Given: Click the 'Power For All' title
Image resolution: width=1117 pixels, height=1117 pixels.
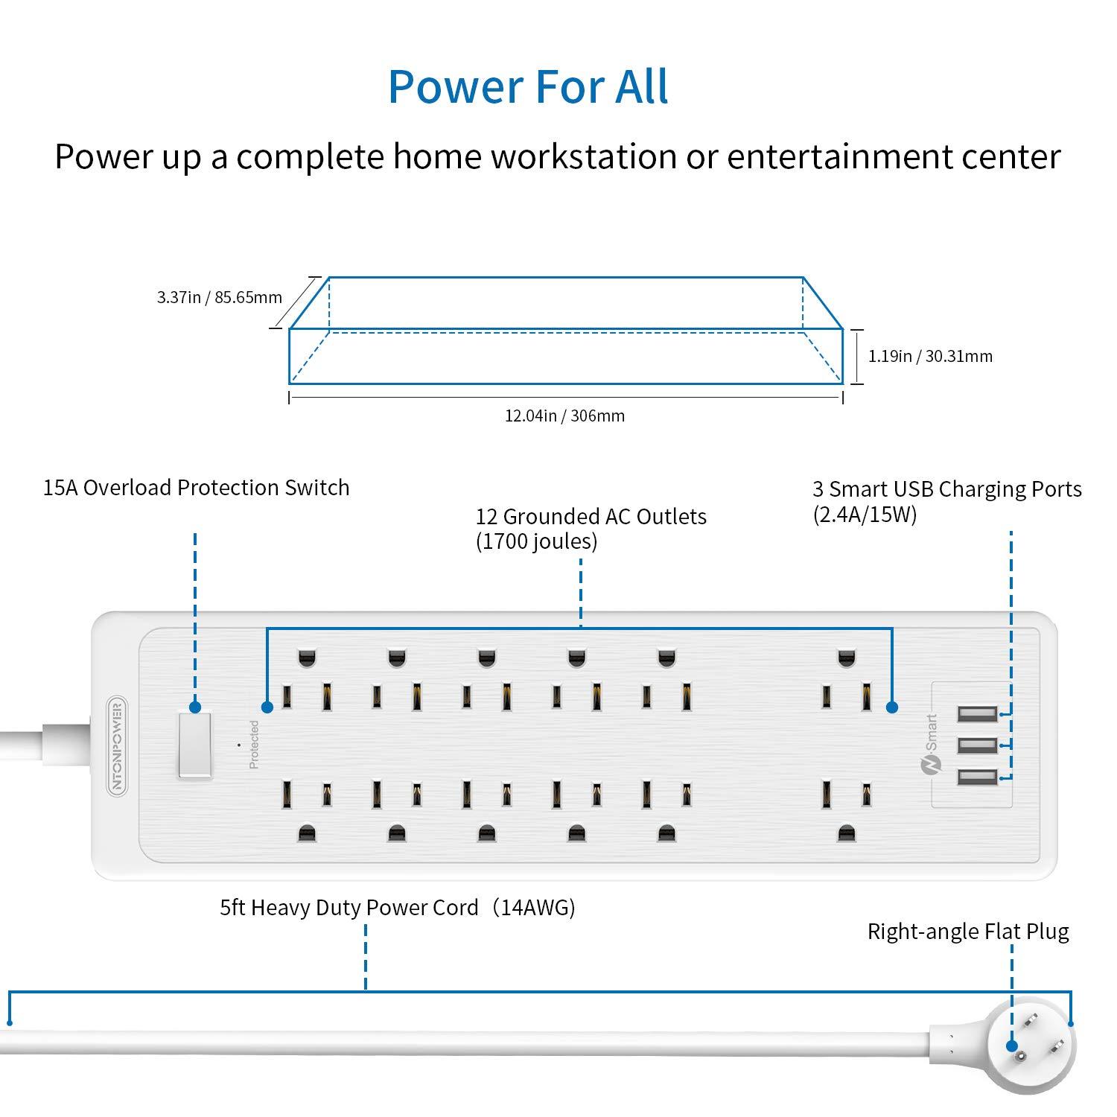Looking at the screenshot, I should tap(528, 86).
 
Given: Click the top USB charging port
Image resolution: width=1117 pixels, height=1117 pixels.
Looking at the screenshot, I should tap(977, 714).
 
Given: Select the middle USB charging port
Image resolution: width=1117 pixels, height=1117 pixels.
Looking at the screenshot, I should tap(977, 745).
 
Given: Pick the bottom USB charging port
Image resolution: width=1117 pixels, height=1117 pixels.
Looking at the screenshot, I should tap(977, 777).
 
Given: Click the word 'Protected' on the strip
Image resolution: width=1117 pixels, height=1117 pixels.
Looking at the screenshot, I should tap(254, 745).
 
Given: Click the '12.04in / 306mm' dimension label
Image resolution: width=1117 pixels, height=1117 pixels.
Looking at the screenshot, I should tap(564, 416).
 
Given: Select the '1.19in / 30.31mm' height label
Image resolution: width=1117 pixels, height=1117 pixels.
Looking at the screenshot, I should tap(930, 356).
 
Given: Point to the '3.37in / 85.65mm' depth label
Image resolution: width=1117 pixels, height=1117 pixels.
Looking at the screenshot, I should tap(219, 298).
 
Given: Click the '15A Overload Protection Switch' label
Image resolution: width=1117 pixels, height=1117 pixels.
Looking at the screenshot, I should tap(196, 488).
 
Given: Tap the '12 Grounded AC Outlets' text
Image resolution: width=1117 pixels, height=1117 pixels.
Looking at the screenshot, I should tap(591, 517).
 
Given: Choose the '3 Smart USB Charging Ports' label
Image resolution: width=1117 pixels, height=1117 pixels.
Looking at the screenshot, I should tap(946, 489).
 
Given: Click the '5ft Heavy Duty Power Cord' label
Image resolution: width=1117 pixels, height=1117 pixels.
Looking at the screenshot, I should tap(349, 908).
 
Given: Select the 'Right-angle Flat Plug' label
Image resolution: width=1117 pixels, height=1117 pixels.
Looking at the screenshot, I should tap(968, 932).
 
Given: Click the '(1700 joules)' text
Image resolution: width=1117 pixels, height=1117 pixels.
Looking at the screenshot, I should tap(536, 541).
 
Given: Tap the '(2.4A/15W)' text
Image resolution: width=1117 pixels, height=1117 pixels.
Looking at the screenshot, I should tap(864, 514).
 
